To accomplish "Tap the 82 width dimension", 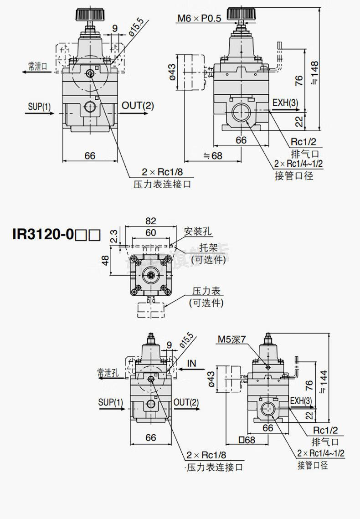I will pyautogui.click(x=151, y=221).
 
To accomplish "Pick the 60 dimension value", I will pyautogui.click(x=151, y=232).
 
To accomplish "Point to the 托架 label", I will pyautogui.click(x=208, y=248).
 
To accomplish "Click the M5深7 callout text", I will pyautogui.click(x=231, y=339).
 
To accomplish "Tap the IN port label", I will pyautogui.click(x=192, y=363).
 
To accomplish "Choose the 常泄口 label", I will pyautogui.click(x=37, y=66).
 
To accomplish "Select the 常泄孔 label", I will pyautogui.click(x=108, y=373).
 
